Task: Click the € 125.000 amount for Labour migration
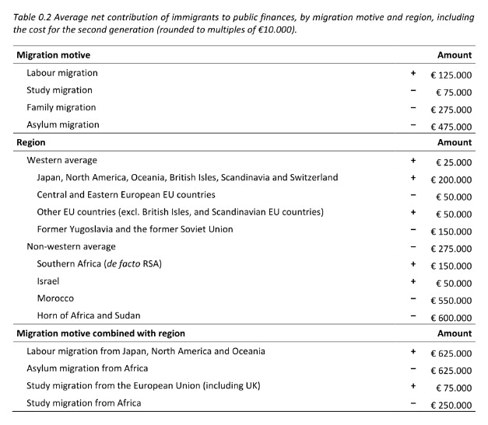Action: (x=451, y=75)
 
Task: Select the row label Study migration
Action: (x=59, y=90)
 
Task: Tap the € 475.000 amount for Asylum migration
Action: (x=451, y=127)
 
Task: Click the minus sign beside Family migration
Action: (x=413, y=108)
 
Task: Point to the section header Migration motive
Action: (x=53, y=55)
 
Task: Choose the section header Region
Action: (x=31, y=143)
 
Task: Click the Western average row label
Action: (x=61, y=160)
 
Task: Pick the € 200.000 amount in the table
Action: (x=451, y=179)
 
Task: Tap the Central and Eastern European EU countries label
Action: (x=126, y=195)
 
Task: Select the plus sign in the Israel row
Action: (x=413, y=281)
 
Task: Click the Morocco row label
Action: (x=56, y=298)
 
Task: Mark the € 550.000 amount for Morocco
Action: (x=451, y=301)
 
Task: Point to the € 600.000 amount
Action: (x=451, y=318)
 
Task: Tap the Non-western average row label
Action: (x=72, y=247)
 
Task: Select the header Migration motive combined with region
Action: (x=100, y=333)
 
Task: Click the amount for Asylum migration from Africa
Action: (x=451, y=370)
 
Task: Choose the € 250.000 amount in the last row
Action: (x=451, y=405)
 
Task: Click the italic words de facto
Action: (x=124, y=264)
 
